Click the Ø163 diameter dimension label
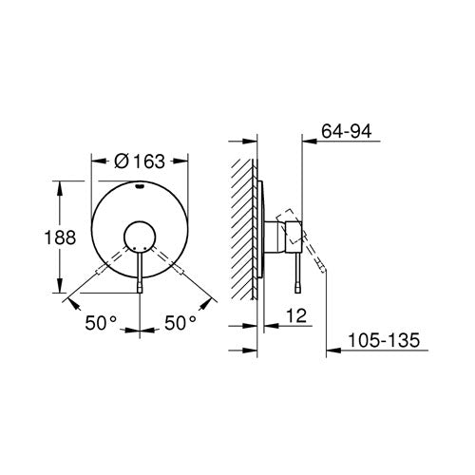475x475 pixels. click(x=140, y=161)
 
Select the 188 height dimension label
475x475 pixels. click(x=60, y=237)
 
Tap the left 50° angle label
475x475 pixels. click(x=101, y=323)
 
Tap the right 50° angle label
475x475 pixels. click(x=180, y=323)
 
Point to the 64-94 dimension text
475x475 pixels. click(x=347, y=131)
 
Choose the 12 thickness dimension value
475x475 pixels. click(x=296, y=315)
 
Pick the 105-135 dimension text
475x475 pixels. click(x=384, y=340)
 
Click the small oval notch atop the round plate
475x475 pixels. click(x=140, y=186)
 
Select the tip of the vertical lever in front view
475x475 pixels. click(x=140, y=289)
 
